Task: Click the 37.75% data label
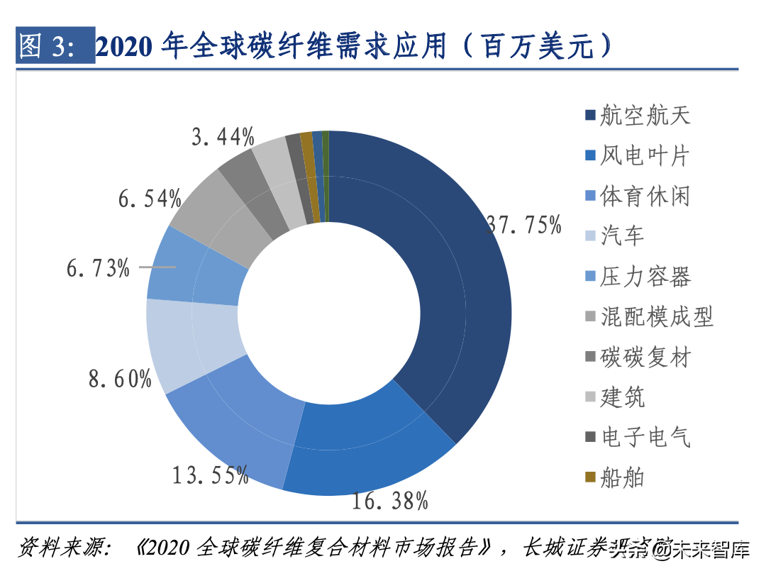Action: click(x=524, y=226)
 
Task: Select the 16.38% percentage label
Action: click(x=390, y=501)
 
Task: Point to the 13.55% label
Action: click(x=211, y=474)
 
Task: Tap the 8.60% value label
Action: click(x=120, y=378)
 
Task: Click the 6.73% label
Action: click(x=98, y=268)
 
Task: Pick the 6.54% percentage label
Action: click(x=150, y=199)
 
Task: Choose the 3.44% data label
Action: click(x=223, y=136)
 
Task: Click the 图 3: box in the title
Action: click(x=55, y=46)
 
